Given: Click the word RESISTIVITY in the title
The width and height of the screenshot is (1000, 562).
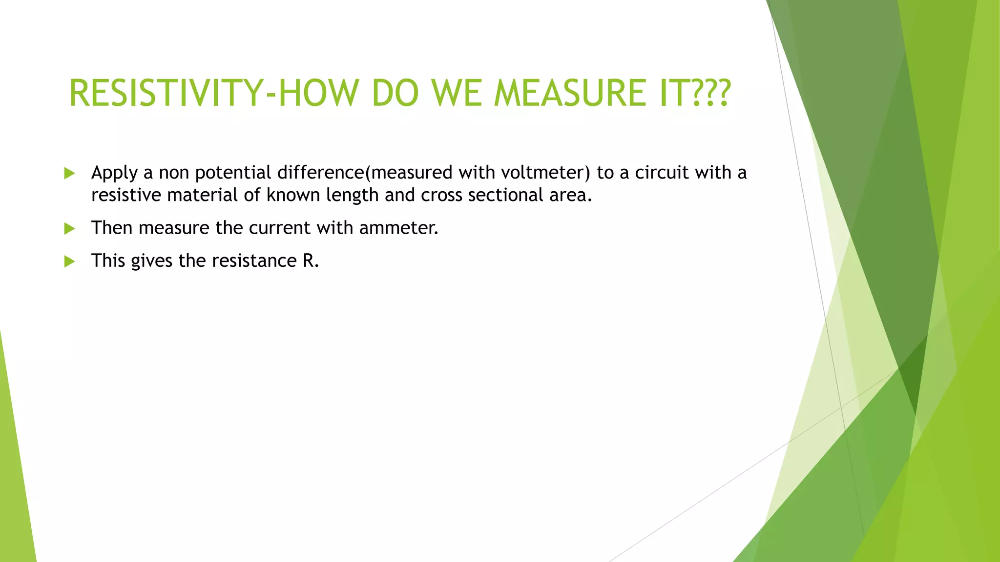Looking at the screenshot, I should [166, 93].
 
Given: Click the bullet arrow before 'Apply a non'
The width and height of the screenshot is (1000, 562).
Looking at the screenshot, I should [69, 173].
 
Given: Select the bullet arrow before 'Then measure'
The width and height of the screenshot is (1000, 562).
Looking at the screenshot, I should [69, 228].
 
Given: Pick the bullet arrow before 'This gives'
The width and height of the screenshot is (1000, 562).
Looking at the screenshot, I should [69, 261].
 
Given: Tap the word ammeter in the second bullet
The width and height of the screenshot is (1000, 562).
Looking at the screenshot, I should [397, 228].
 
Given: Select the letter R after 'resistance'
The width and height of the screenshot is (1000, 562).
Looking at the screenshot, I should [309, 261].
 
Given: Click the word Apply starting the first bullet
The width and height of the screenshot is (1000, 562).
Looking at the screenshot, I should [114, 173].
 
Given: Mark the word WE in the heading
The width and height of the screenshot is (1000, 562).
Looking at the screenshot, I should [457, 93].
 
